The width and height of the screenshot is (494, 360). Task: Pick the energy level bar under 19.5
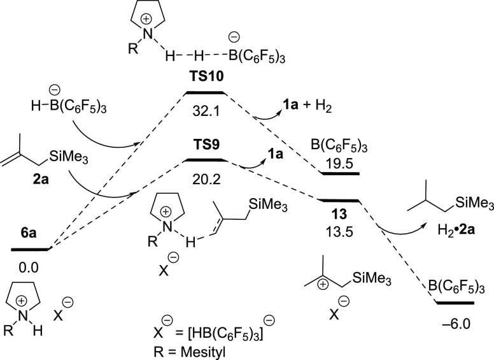[340, 173]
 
